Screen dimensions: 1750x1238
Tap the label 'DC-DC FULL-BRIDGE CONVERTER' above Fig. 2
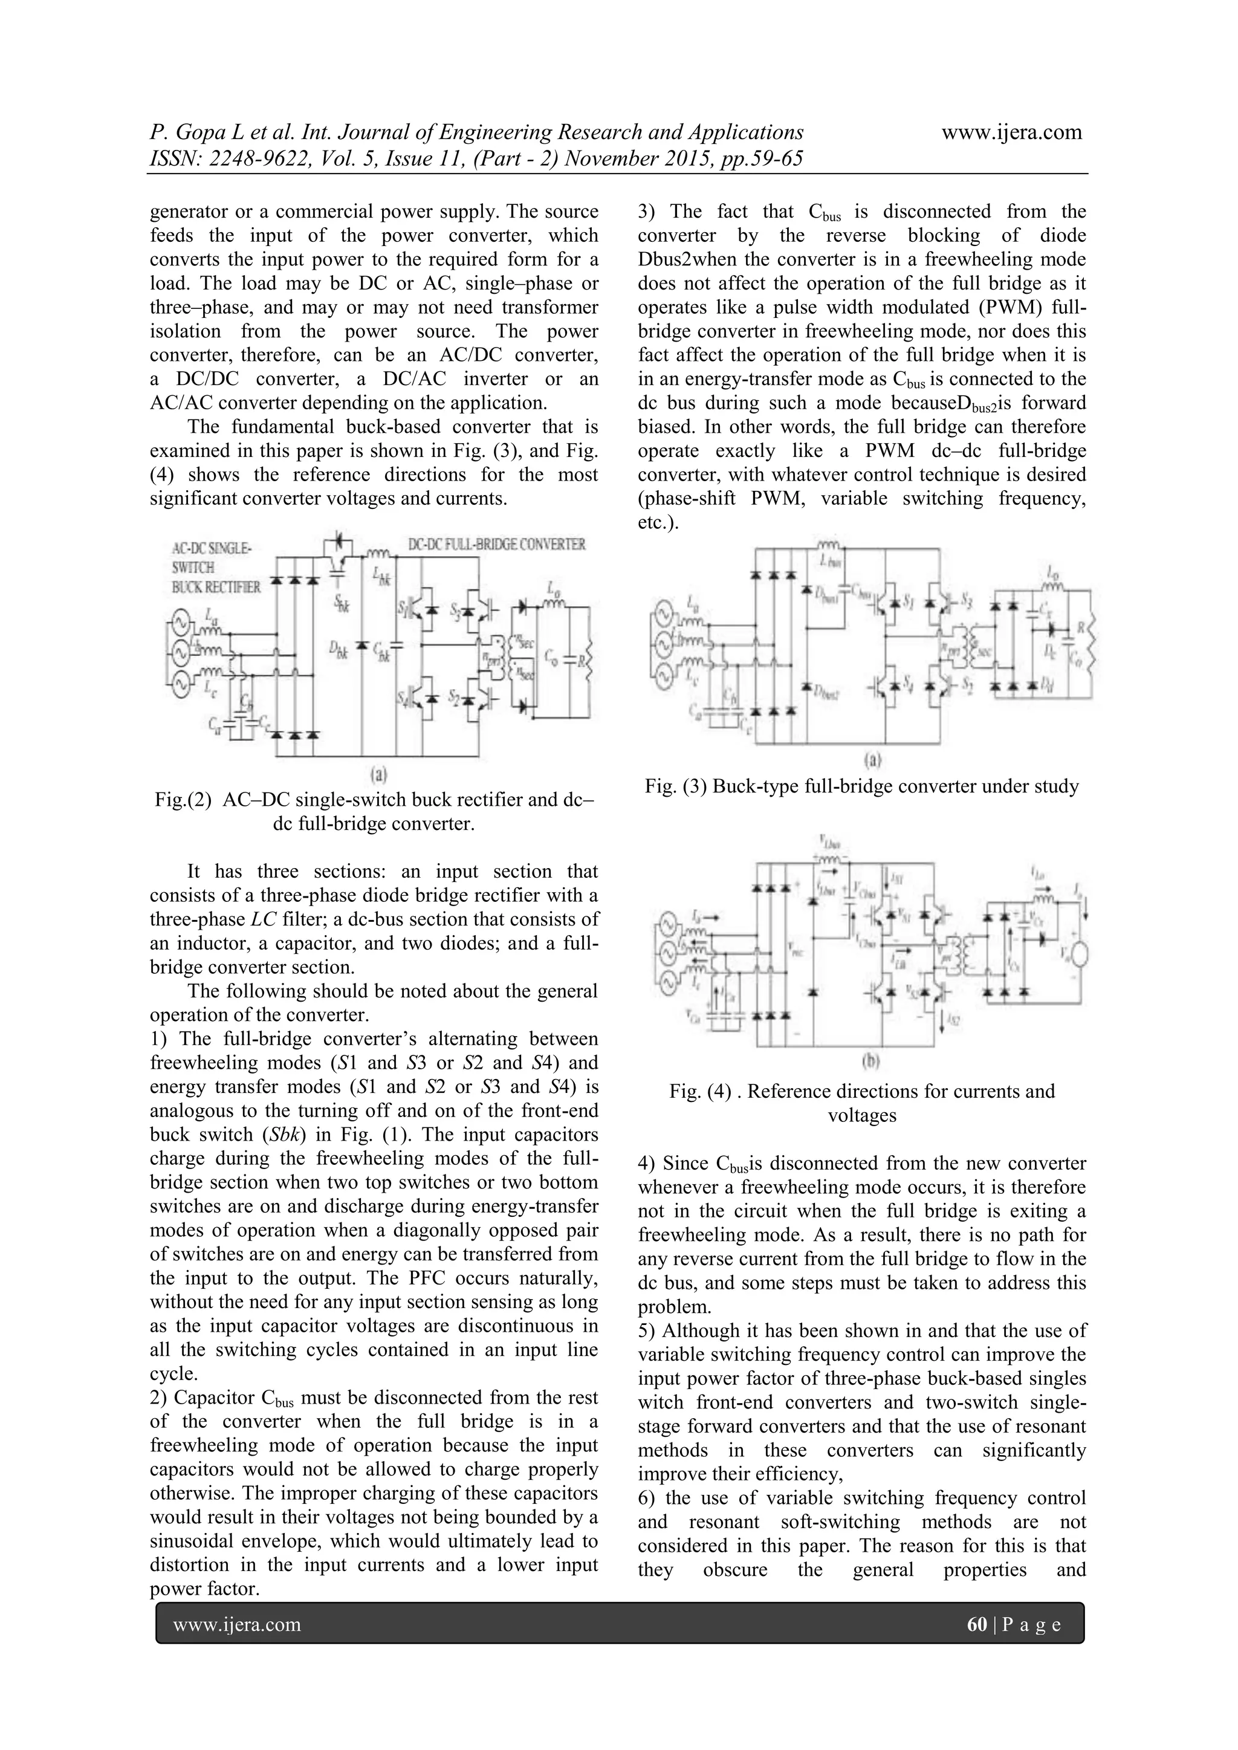(x=496, y=544)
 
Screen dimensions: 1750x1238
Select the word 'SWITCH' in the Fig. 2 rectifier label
(x=193, y=568)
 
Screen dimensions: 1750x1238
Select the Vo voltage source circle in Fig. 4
(x=1075, y=956)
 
